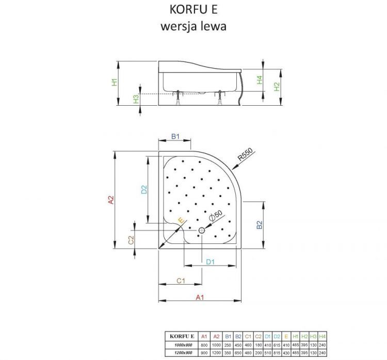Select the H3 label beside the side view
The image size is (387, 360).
click(x=136, y=99)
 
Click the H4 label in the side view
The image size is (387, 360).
click(x=260, y=80)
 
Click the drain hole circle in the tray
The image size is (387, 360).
click(x=201, y=231)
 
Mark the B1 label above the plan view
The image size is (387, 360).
click(x=175, y=137)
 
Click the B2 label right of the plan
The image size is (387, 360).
click(x=260, y=225)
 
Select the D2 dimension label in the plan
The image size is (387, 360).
click(x=144, y=189)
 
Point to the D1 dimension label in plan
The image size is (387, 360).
click(x=210, y=262)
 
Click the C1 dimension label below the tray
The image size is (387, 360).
click(x=181, y=281)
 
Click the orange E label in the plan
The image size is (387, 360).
click(x=180, y=221)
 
